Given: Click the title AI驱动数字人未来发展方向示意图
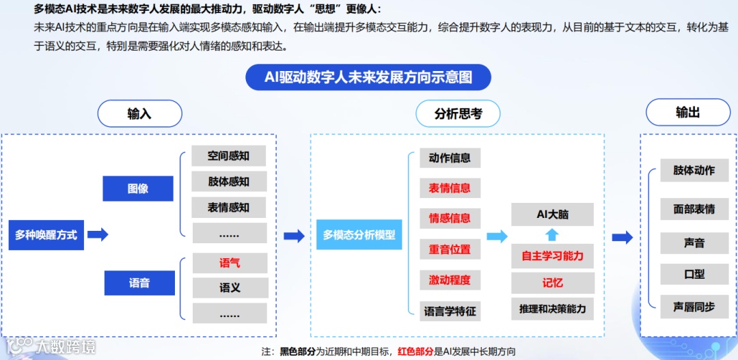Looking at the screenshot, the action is coord(368,77).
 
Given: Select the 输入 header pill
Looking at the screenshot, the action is coord(139,113).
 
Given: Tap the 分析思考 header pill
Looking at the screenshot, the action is coord(458,113).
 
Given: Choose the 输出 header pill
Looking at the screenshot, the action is coord(687,113).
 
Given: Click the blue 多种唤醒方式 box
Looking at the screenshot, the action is coord(46,235).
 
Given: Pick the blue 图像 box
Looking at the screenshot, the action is coord(138,189).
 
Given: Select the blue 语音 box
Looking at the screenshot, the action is coord(139,282).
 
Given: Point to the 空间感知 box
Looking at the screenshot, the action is coord(229,156).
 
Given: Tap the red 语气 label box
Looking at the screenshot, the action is coord(229,263).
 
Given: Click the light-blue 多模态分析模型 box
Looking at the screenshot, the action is coord(359,235).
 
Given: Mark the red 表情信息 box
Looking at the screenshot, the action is coord(450,188).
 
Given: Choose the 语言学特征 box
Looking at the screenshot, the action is coord(450,311).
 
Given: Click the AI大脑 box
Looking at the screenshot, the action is coord(552,214).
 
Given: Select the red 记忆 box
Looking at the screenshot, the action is coord(552,283).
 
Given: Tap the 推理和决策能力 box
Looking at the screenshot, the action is coord(552,309).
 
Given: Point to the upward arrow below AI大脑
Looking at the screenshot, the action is coord(552,235).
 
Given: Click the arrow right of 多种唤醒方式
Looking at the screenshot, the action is coord(98,235).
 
